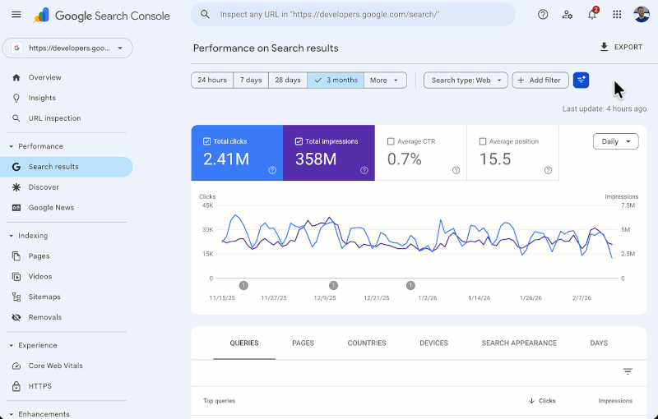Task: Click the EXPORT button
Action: click(x=621, y=48)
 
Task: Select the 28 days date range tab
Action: click(x=288, y=81)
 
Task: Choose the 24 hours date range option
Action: click(x=211, y=81)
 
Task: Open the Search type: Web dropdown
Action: click(x=466, y=81)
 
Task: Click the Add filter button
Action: click(x=540, y=81)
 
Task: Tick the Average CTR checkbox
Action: click(x=391, y=141)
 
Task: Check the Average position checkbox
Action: click(x=483, y=141)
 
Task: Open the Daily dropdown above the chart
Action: click(x=615, y=141)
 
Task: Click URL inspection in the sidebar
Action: click(x=54, y=118)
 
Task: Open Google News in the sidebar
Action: click(x=51, y=208)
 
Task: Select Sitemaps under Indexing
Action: click(x=44, y=297)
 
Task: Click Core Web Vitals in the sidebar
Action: click(x=55, y=366)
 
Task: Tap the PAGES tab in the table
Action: click(x=303, y=343)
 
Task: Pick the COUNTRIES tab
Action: click(x=367, y=343)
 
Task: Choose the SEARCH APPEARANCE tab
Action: click(x=519, y=343)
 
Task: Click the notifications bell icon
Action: click(x=592, y=15)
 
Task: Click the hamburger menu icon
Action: click(x=16, y=15)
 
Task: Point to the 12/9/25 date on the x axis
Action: click(x=324, y=298)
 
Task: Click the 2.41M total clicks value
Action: click(x=226, y=159)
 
